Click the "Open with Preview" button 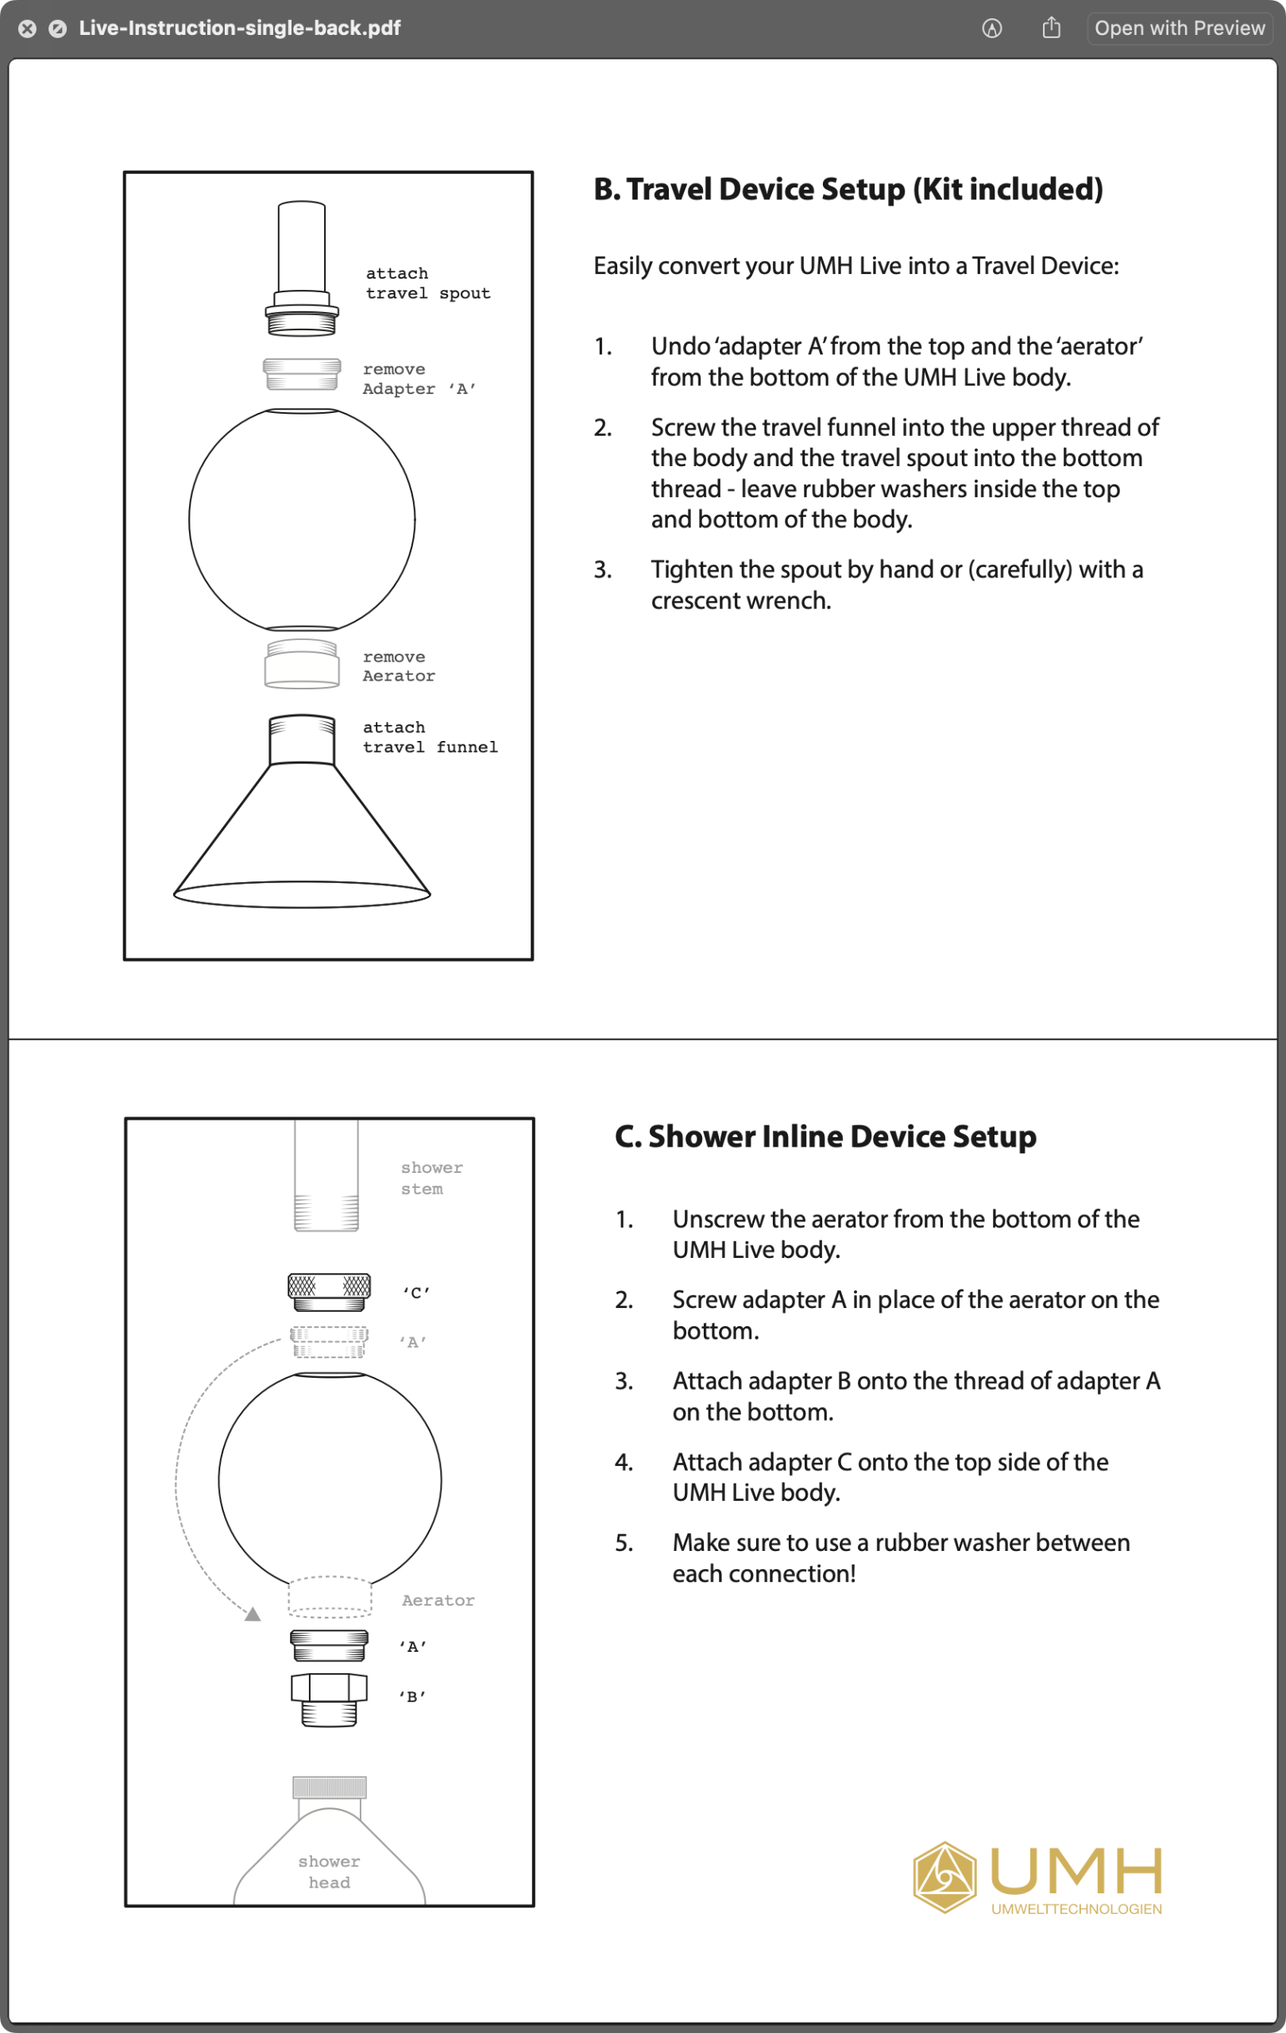point(1179,28)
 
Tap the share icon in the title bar point(1051,28)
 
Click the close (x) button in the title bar point(27,29)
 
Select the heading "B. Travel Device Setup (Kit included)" point(848,189)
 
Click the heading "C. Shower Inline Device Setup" point(825,1136)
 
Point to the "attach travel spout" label point(427,283)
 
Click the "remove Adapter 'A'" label point(419,379)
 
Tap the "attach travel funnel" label point(430,737)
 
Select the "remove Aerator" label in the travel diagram point(399,666)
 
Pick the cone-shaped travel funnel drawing point(302,835)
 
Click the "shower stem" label point(431,1178)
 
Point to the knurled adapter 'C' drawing point(330,1291)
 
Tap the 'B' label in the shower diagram point(413,1696)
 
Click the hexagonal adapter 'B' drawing point(330,1698)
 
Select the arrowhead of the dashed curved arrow point(253,1614)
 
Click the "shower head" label point(330,1872)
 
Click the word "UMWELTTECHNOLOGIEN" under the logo point(1076,1909)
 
